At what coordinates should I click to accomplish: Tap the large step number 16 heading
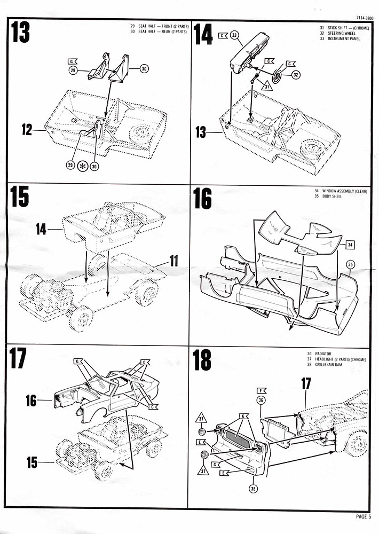202,199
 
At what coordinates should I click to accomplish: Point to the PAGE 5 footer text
366,516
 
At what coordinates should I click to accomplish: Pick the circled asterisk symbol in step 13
83,166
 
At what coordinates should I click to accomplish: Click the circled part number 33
235,35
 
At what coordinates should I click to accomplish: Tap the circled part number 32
295,75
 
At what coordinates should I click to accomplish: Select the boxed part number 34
350,245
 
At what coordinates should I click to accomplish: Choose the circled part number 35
351,264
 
